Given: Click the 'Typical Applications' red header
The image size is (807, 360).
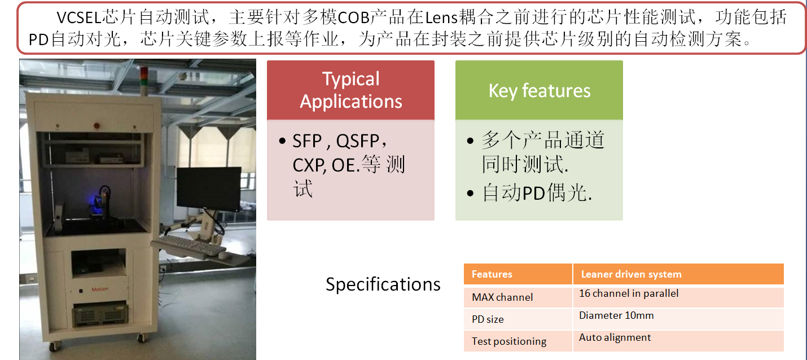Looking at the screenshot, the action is click(350, 90).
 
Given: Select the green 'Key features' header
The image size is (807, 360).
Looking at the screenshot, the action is click(539, 90).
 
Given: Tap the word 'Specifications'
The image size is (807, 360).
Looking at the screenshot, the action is click(383, 284).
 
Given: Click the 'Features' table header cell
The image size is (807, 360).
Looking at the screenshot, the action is click(518, 274).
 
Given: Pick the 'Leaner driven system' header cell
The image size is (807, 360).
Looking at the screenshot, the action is click(678, 274).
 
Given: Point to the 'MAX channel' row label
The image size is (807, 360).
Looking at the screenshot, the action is click(518, 297).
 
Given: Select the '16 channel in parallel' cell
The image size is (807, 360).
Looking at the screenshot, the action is click(678, 297).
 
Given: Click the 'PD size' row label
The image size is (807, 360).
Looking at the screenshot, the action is click(518, 319).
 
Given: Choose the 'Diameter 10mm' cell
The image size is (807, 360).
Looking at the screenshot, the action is click(678, 319).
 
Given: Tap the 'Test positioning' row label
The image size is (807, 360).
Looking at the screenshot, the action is click(518, 341).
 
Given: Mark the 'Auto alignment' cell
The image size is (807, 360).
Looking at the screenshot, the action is click(678, 341).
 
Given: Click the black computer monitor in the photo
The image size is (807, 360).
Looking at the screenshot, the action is click(209, 190).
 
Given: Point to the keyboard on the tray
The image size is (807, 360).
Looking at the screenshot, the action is click(191, 245).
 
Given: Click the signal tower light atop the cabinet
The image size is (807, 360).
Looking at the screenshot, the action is click(144, 81).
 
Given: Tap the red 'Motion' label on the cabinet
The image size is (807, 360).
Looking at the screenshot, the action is click(100, 289).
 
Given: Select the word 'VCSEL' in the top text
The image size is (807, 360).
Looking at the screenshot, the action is click(79, 17).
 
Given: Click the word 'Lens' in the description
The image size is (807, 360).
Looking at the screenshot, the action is click(441, 17).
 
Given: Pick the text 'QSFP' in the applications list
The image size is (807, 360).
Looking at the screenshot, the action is click(357, 141).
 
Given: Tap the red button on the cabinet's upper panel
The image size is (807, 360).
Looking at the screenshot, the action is click(97, 126).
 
